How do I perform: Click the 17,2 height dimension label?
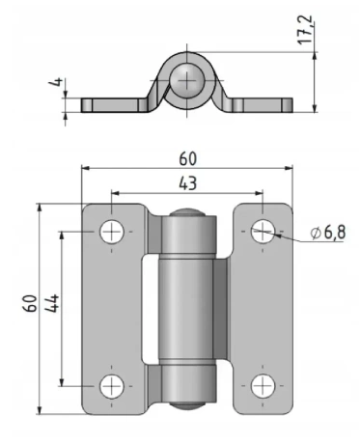[x=306, y=30]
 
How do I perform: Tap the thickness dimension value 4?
[x=55, y=82]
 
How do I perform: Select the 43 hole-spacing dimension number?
[x=187, y=183]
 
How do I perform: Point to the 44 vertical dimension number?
[x=52, y=303]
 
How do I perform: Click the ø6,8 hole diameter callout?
[x=328, y=233]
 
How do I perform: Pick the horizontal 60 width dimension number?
[x=187, y=159]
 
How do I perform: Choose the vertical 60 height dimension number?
[x=30, y=303]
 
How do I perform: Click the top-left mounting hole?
[x=112, y=232]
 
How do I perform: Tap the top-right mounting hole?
[x=263, y=232]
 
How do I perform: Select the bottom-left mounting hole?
[x=112, y=386]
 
